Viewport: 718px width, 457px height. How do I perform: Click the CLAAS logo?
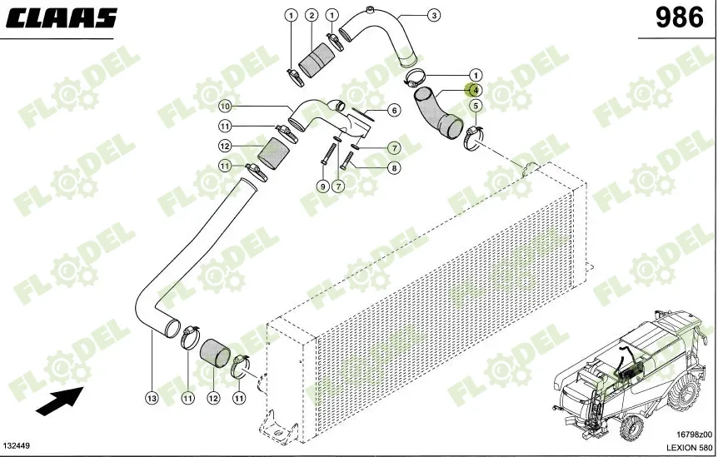point(62,17)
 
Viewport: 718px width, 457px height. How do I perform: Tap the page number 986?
point(679,18)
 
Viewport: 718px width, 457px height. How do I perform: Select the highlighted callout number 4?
point(476,90)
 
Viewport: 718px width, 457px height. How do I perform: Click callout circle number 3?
point(434,15)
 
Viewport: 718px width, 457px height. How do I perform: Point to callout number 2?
point(312,15)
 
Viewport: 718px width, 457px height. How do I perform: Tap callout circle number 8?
point(394,168)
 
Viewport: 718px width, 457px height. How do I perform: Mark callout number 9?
point(323,186)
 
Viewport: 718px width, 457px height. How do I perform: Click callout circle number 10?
point(224,107)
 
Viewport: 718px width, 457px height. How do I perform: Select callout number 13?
point(152,398)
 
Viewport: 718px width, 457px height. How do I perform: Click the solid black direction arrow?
point(60,401)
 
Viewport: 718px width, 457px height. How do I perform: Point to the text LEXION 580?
point(689,447)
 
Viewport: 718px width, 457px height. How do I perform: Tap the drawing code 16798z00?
point(694,435)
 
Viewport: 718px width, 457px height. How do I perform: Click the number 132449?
point(17,445)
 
